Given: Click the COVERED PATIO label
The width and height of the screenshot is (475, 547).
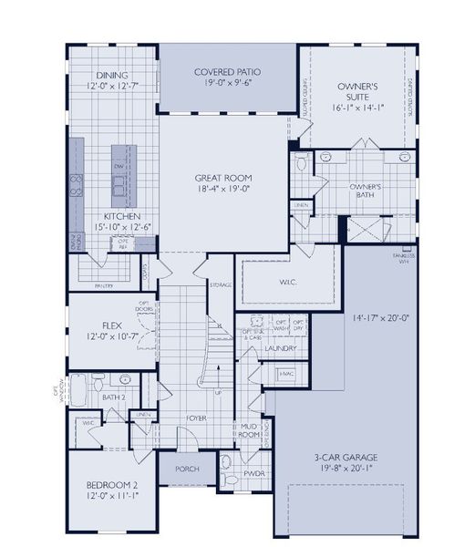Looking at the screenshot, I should (x=227, y=72).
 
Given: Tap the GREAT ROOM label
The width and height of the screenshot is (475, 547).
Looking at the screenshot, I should (x=223, y=178).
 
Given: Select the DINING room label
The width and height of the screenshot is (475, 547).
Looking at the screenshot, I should (x=111, y=75).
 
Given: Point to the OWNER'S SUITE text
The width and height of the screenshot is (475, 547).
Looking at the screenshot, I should (x=356, y=91).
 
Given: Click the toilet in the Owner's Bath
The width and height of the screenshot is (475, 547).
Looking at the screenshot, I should (x=302, y=163).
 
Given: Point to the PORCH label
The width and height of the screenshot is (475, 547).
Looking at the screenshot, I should (x=186, y=470).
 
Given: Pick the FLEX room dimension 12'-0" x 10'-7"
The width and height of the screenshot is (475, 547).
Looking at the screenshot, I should (x=113, y=337).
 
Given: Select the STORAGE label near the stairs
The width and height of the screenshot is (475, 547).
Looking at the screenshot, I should (x=220, y=285).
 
